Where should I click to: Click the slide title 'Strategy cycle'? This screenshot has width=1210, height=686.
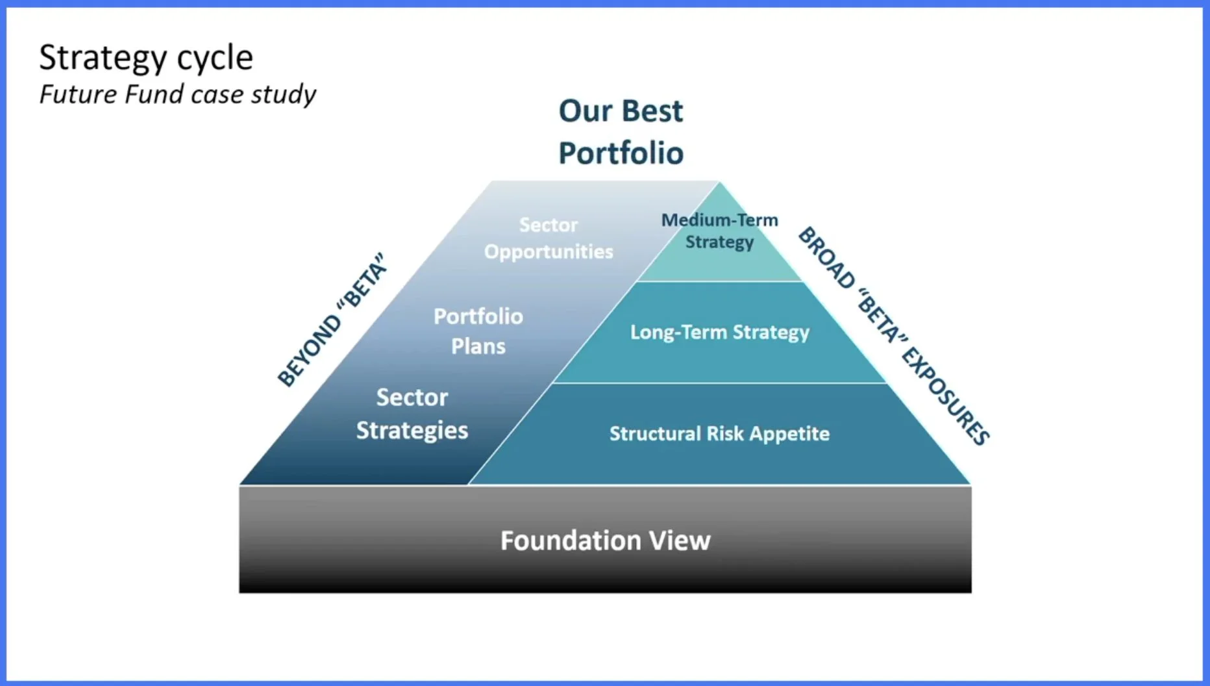(x=146, y=58)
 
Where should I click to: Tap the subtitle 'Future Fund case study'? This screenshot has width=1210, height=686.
(x=177, y=95)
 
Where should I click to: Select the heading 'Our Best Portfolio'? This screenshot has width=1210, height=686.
(x=621, y=132)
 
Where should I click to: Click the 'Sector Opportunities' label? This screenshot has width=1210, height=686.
(x=549, y=238)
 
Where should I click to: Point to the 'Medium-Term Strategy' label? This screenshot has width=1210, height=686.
(x=719, y=231)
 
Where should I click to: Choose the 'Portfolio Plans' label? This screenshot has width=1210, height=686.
(x=478, y=331)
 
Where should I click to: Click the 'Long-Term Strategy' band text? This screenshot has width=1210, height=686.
(x=719, y=332)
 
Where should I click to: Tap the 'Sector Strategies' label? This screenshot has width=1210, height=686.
(x=412, y=414)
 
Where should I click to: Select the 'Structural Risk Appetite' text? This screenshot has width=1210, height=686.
(x=719, y=433)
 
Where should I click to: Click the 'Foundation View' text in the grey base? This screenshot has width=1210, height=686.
(x=605, y=540)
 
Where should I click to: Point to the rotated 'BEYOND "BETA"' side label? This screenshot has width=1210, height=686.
(x=332, y=320)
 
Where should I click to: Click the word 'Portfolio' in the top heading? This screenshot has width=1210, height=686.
(x=621, y=154)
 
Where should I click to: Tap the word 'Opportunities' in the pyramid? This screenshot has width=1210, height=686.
(x=549, y=252)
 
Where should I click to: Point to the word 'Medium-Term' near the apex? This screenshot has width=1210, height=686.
(x=719, y=220)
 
